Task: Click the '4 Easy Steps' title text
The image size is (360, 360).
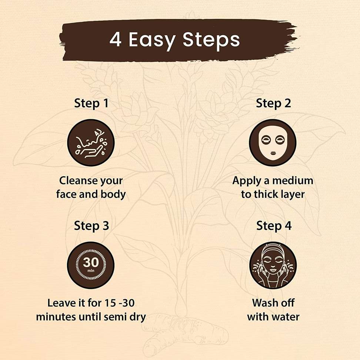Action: (175, 40)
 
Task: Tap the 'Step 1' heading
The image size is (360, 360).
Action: (91, 103)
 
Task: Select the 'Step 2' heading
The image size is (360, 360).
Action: (273, 103)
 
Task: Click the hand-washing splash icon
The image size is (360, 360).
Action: (91, 143)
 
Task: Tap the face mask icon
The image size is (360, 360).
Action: (273, 143)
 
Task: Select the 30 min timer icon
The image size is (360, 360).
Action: (91, 265)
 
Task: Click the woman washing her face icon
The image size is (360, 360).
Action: (273, 265)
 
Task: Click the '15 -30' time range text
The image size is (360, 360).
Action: (119, 303)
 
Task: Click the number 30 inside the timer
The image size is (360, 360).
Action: (91, 262)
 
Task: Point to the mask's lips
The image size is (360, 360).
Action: (273, 153)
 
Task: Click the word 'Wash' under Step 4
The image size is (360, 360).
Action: (263, 303)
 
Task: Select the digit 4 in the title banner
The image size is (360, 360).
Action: (115, 39)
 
